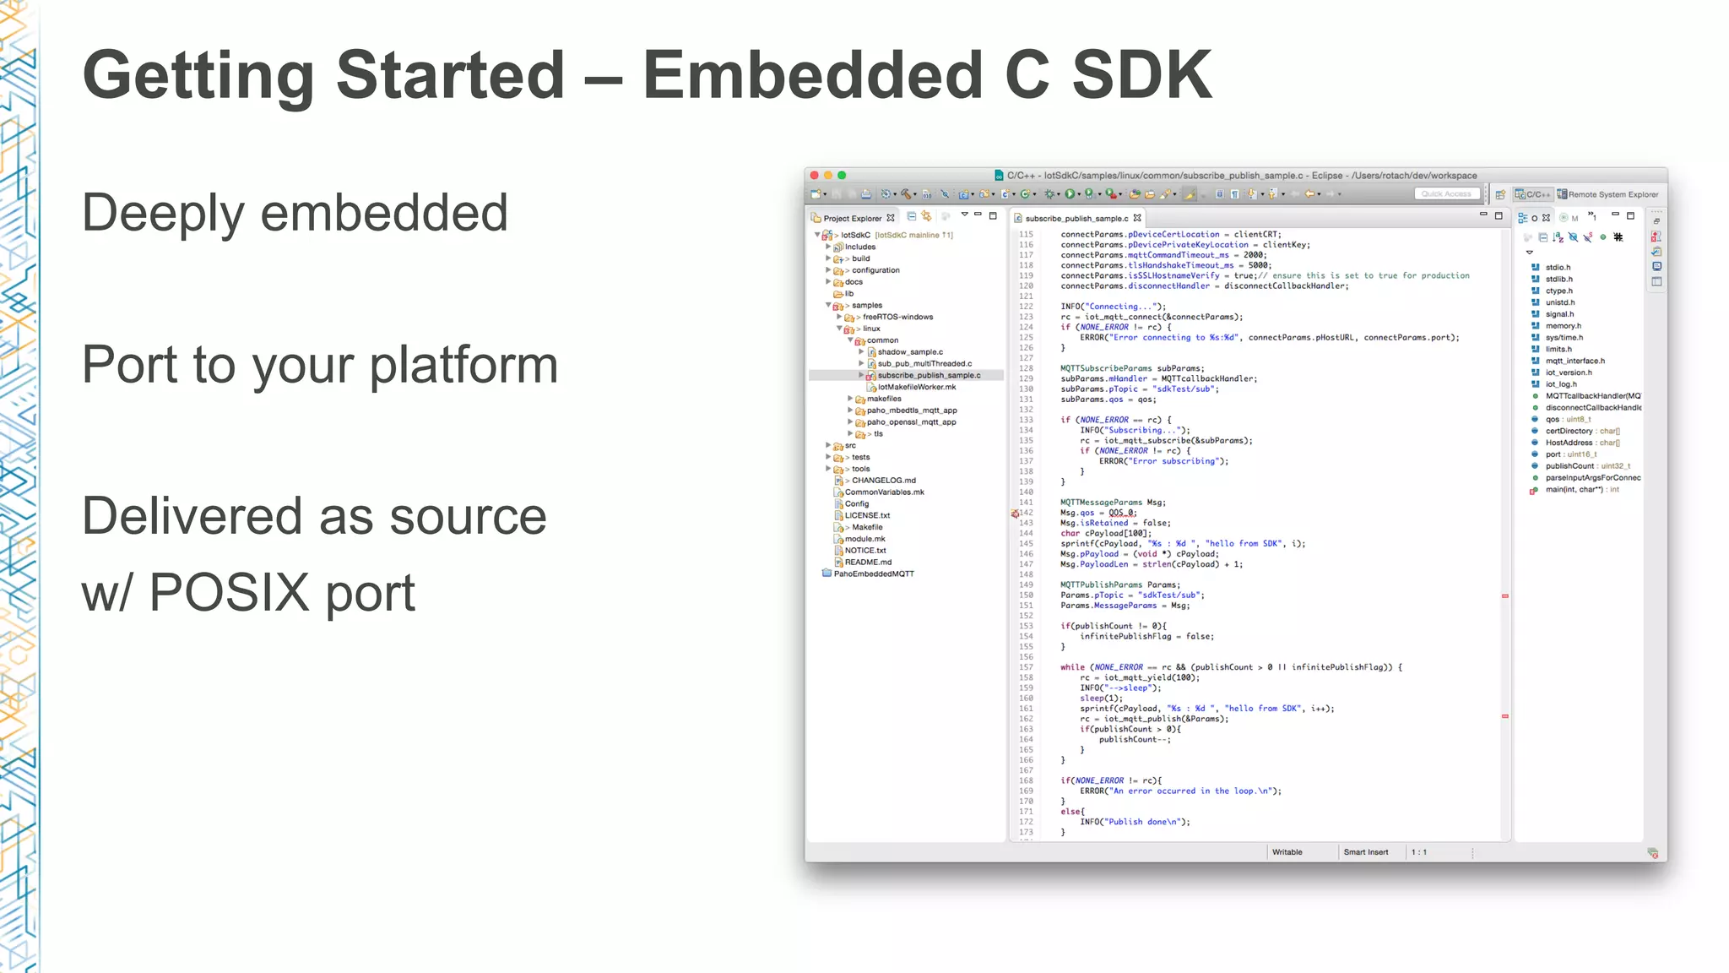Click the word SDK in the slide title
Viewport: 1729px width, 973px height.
point(1141,75)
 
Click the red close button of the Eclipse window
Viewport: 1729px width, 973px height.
point(815,176)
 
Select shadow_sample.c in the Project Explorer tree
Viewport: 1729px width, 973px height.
point(909,352)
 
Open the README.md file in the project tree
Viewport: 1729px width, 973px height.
point(868,563)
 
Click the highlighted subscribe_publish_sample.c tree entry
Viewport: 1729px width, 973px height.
point(929,376)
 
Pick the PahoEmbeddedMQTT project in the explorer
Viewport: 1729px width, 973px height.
point(873,574)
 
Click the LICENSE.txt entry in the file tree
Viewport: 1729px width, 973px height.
point(867,515)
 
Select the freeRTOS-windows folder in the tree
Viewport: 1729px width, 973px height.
point(897,318)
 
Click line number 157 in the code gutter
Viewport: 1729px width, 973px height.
point(1026,667)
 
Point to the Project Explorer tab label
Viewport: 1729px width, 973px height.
point(852,218)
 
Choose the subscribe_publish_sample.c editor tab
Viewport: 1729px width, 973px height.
point(1076,218)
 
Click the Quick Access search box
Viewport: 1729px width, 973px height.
point(1446,194)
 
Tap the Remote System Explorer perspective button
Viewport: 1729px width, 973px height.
point(1607,194)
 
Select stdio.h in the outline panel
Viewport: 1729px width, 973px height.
point(1558,268)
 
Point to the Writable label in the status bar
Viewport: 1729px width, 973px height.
point(1287,852)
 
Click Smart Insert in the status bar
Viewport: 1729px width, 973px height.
point(1365,852)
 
